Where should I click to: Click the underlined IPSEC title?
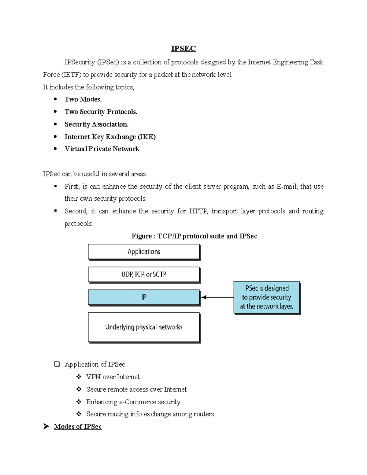coord(183,49)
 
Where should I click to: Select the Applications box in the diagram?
coord(144,252)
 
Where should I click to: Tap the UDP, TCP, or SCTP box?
coord(144,274)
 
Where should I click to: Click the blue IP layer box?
coord(144,297)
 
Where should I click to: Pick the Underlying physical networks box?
coord(144,327)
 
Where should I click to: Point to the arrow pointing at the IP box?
coord(217,297)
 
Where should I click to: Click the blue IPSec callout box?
coord(266,297)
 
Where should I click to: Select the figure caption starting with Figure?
coord(194,236)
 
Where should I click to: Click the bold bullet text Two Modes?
coord(83,99)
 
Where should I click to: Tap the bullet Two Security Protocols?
coord(101,112)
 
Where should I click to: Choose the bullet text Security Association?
coord(97,124)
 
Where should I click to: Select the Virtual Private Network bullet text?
coord(102,149)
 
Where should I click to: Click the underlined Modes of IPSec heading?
coord(78,427)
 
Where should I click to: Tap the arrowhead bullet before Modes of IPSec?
coord(46,426)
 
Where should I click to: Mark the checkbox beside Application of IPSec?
coord(57,364)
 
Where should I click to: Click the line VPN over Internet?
coord(113,377)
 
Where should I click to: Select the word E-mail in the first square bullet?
coord(287,187)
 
